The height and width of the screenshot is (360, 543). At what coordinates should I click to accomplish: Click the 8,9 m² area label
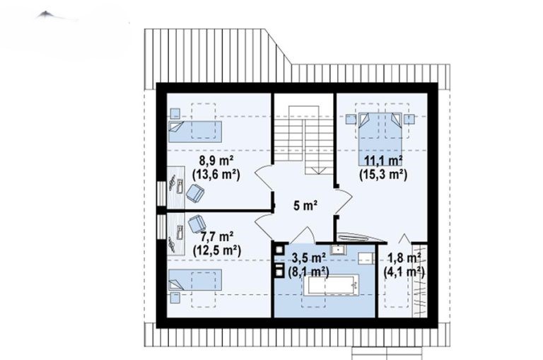216,161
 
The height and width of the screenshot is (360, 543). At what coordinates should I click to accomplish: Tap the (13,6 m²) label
216,174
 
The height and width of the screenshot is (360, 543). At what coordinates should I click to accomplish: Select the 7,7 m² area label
217,236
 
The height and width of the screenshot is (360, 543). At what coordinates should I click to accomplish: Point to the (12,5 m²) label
217,250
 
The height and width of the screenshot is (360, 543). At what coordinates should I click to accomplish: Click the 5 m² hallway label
305,206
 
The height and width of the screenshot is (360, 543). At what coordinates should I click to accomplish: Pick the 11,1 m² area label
383,161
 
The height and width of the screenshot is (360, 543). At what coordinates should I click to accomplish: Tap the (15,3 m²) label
383,174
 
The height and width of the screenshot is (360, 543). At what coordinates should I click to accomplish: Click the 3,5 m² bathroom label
308,257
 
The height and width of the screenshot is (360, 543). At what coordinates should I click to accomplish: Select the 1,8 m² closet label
404,257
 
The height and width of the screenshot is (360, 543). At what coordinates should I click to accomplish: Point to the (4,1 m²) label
404,272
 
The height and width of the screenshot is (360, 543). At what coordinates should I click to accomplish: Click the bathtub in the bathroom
331,285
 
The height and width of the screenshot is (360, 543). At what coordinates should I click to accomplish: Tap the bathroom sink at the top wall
337,250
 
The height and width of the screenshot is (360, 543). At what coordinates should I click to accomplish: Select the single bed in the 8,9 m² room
195,132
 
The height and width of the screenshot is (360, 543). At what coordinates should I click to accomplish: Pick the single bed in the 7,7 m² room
195,280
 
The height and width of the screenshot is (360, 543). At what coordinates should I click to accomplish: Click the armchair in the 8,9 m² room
195,193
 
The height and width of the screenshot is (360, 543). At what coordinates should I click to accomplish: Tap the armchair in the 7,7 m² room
197,223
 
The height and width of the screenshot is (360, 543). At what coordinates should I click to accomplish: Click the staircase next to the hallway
304,139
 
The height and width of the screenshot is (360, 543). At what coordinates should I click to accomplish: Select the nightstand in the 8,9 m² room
175,113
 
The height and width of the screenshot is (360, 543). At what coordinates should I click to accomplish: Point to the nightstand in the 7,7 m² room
175,298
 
